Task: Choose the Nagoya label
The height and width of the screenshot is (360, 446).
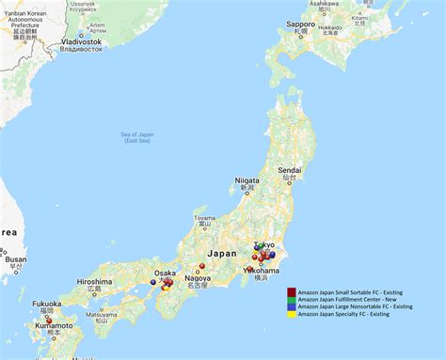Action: click(197, 278)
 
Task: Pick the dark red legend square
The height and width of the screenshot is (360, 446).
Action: click(292, 291)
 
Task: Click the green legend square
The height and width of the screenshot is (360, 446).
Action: click(292, 299)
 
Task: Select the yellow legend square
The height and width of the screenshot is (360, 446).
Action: click(292, 314)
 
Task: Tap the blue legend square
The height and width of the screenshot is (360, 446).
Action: click(292, 306)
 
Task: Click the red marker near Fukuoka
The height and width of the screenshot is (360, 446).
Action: click(49, 320)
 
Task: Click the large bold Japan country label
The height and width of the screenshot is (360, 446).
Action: click(223, 253)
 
